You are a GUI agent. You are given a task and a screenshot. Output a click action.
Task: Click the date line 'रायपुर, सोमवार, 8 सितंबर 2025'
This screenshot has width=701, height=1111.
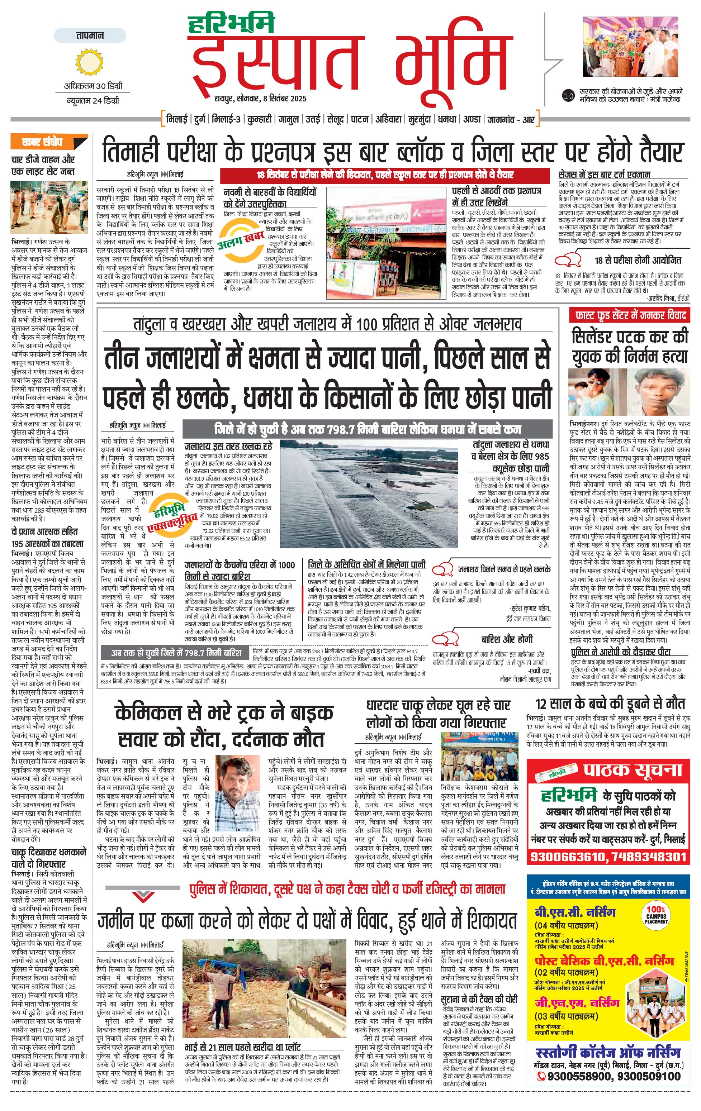click(x=260, y=98)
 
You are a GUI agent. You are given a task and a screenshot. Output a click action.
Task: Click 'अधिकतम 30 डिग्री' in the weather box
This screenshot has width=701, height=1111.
click(x=93, y=86)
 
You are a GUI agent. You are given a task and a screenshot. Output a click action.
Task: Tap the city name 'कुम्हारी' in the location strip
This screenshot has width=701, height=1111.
click(x=259, y=119)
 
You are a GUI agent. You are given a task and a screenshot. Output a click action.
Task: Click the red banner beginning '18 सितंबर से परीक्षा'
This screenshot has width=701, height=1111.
click(x=385, y=175)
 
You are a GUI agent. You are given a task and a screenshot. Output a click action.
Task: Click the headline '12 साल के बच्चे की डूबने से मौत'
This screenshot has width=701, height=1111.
click(x=610, y=704)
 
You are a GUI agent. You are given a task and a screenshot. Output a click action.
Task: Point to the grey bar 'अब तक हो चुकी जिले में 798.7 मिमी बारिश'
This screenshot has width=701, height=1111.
click(x=175, y=653)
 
